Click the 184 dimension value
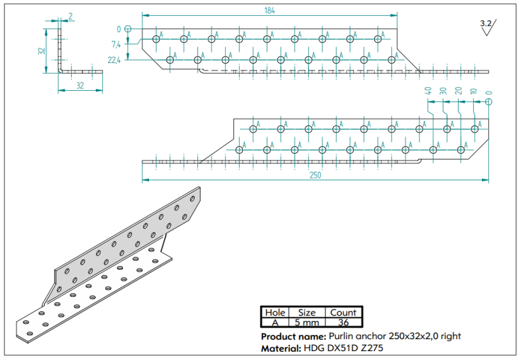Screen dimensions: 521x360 pyautogui.click(x=269, y=11)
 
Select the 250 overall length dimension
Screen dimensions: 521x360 pyautogui.click(x=315, y=175)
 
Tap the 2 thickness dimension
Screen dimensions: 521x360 pyautogui.click(x=71, y=16)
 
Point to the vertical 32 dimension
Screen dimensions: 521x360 pyautogui.click(x=42, y=51)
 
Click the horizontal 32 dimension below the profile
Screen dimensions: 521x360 pyautogui.click(x=80, y=85)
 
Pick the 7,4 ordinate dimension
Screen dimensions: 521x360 pyautogui.click(x=116, y=44)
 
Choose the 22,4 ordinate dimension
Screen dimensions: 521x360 pyautogui.click(x=114, y=60)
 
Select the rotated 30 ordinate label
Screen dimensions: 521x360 pyautogui.click(x=443, y=91)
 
